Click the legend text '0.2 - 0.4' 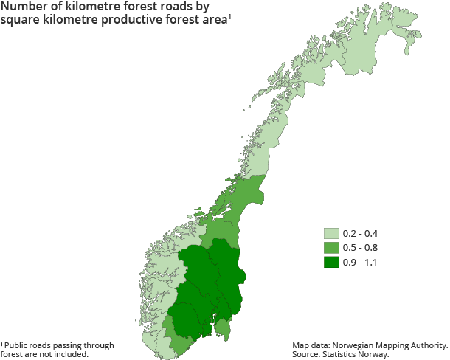360,234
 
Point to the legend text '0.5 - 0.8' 360,248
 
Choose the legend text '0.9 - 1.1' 360,262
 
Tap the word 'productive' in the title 126,21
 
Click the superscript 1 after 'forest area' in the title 229,18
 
